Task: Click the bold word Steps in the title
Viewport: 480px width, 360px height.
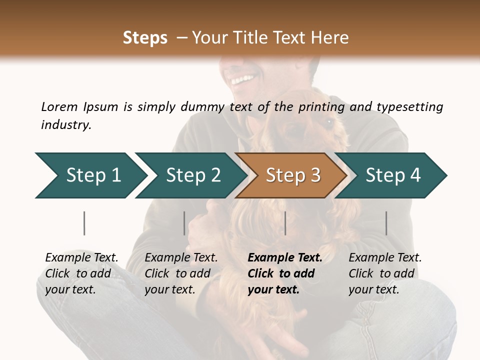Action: tap(145, 38)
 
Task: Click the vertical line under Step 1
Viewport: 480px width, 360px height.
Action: tap(84, 223)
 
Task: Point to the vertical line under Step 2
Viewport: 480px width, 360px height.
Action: tap(184, 223)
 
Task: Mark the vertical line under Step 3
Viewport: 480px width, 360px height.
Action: tap(285, 223)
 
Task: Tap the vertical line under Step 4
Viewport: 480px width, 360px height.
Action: tap(386, 223)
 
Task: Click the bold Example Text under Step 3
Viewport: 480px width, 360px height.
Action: tap(285, 258)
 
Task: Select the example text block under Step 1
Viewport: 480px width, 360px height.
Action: tap(81, 273)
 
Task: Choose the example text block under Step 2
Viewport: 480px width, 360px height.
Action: tap(180, 273)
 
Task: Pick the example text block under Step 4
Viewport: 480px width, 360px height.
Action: tap(384, 273)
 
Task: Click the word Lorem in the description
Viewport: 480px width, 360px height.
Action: tap(59, 107)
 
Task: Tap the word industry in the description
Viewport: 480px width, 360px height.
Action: tap(66, 125)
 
